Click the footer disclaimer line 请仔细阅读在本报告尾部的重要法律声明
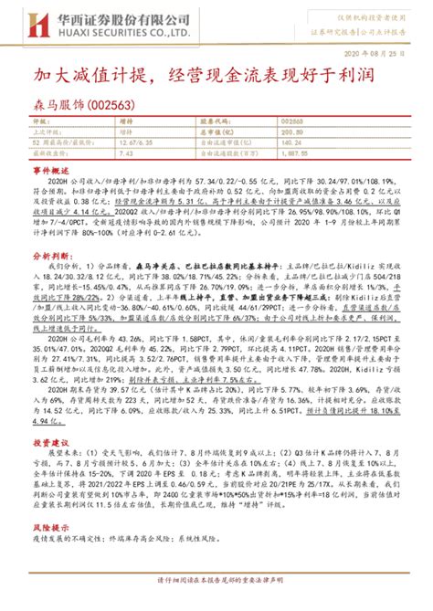click(x=216, y=603)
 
